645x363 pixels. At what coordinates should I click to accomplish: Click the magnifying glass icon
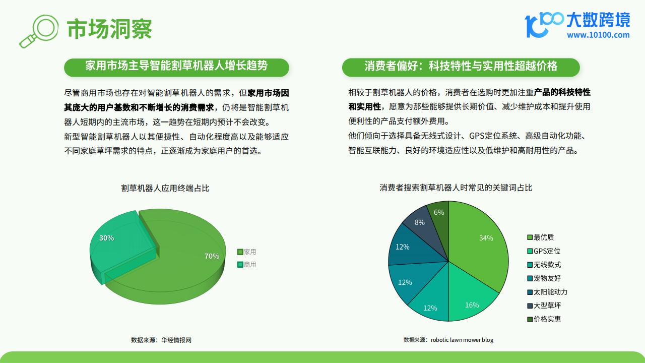click(39, 31)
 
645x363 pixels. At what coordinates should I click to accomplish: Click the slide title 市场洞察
click(109, 29)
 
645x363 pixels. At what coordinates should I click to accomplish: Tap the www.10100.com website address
click(598, 35)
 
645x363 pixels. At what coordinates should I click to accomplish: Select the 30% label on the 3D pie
click(106, 238)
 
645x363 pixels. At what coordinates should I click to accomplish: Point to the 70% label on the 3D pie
click(212, 256)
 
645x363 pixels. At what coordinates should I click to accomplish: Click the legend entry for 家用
click(246, 252)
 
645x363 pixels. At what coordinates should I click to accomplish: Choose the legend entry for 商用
click(246, 265)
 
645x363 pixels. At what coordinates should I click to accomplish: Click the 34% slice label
click(486, 238)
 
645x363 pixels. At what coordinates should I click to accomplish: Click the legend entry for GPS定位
click(544, 251)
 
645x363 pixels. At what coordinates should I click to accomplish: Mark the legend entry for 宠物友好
click(544, 278)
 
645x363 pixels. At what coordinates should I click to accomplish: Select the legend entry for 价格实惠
click(544, 319)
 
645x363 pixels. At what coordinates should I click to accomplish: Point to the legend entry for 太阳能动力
click(547, 292)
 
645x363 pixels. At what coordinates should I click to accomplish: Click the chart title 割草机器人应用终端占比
click(165, 188)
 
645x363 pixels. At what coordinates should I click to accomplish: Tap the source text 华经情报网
click(176, 340)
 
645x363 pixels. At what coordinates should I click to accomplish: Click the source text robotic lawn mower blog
click(462, 340)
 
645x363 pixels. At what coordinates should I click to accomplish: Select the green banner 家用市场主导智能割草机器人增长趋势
click(176, 68)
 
